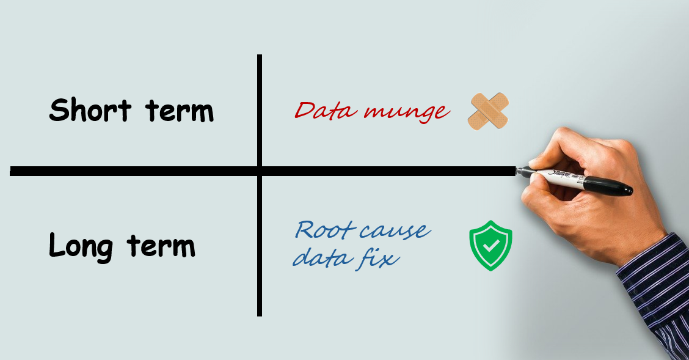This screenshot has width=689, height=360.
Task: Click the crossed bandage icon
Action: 488,111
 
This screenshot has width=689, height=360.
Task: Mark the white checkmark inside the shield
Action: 490,247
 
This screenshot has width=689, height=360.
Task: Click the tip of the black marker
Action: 518,172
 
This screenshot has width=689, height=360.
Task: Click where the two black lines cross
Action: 260,171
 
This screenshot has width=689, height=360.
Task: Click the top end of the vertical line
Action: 260,57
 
